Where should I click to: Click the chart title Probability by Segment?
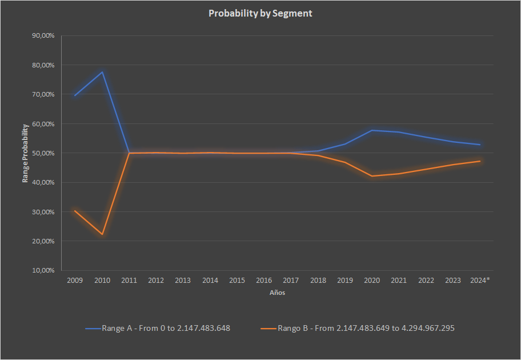click(260, 13)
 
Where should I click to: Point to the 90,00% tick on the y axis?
click(43, 35)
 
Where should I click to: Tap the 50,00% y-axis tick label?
click(43, 153)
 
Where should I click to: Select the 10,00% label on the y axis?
click(43, 270)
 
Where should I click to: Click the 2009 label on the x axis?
click(75, 281)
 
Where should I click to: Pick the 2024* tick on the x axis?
click(480, 281)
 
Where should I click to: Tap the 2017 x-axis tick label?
click(291, 281)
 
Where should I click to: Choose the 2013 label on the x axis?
click(183, 281)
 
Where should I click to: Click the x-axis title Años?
click(277, 293)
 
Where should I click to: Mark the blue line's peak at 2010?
click(102, 72)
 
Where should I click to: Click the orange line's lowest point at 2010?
click(102, 234)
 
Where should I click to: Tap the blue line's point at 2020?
click(372, 130)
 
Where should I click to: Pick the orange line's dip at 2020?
click(372, 176)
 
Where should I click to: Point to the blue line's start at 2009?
click(75, 95)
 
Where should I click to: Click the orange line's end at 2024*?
click(480, 161)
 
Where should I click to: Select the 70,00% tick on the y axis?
click(43, 94)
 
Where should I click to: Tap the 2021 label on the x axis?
click(399, 281)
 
